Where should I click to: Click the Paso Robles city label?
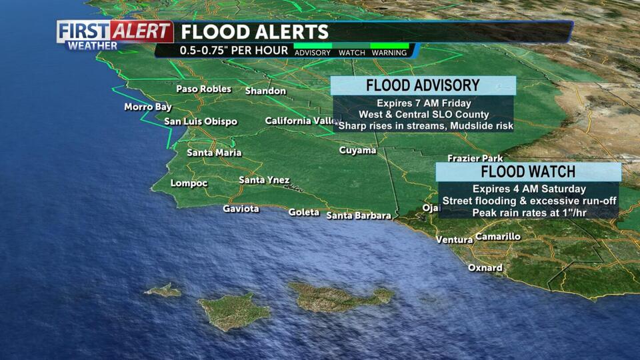203,89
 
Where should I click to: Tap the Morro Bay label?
148,107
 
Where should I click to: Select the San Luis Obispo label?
201,122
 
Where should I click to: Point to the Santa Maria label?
214,153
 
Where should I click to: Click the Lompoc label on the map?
189,183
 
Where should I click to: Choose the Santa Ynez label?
264,181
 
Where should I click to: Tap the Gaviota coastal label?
241,209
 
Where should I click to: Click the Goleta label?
304,213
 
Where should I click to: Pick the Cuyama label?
357,151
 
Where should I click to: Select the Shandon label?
265,91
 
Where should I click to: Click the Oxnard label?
485,268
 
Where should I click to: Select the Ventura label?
454,240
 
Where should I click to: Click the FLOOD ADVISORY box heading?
423,85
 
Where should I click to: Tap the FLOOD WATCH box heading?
528,171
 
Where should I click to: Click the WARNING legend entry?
389,53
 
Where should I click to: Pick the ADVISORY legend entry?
313,53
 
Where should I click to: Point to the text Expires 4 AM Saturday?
529,189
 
